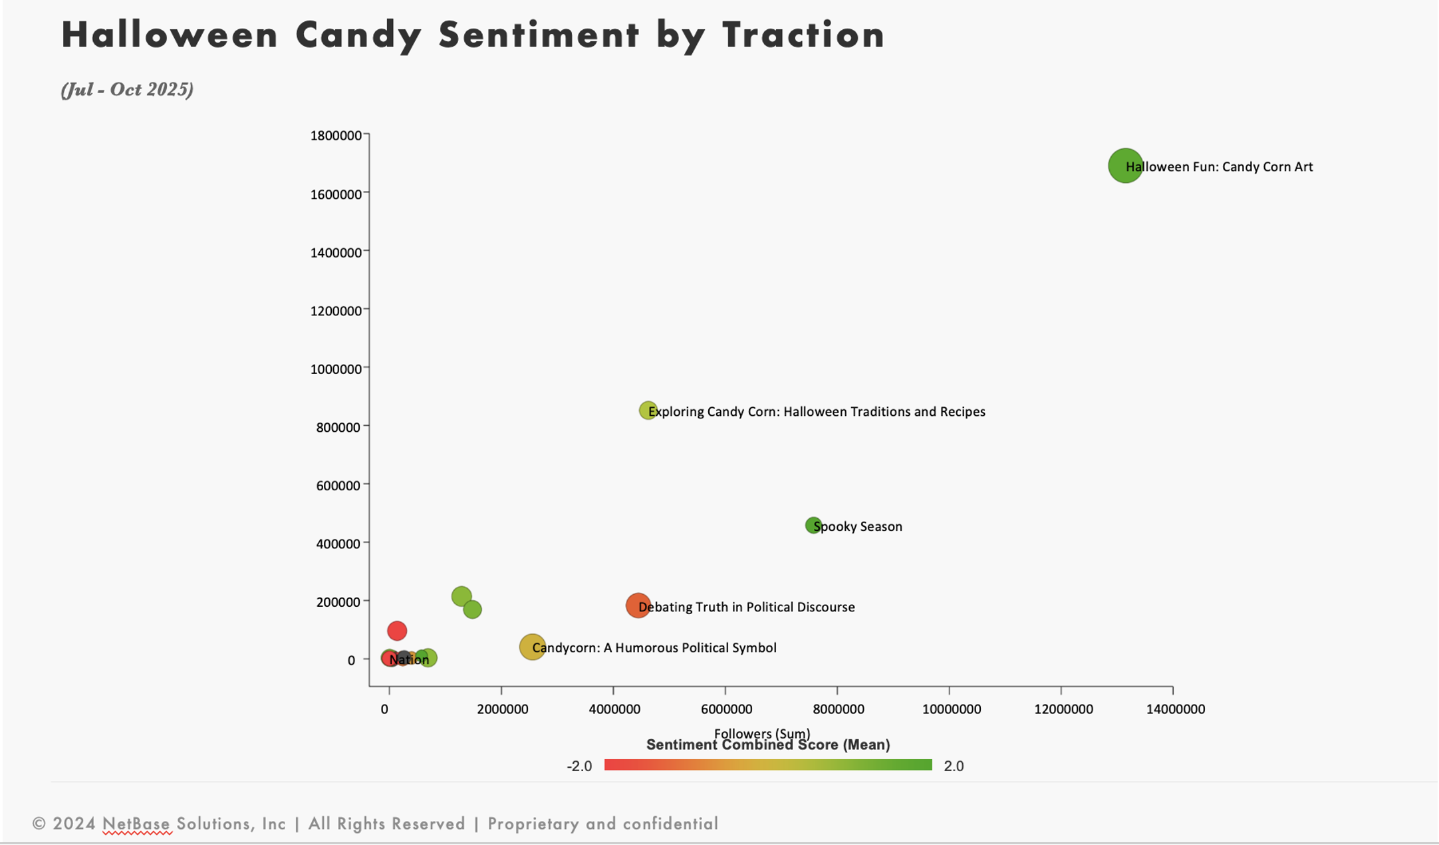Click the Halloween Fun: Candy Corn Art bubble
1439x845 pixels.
(x=1124, y=166)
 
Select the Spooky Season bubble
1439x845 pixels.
(x=813, y=526)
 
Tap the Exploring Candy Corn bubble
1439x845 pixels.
(x=647, y=411)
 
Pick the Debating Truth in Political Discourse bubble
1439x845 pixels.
(x=638, y=605)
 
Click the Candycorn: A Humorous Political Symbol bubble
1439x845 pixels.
(x=532, y=647)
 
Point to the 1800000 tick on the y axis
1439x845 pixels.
(x=336, y=136)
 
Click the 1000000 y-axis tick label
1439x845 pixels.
(x=336, y=369)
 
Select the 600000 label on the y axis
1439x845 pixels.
(x=338, y=486)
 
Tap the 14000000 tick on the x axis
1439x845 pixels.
(x=1175, y=709)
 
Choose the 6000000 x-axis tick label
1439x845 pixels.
(x=726, y=709)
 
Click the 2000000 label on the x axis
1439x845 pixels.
(x=502, y=709)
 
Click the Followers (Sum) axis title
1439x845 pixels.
(x=761, y=733)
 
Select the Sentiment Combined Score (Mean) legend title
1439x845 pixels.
(x=767, y=745)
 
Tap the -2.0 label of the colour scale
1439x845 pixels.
(x=579, y=766)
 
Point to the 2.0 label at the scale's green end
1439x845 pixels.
(x=954, y=766)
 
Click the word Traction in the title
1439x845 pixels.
(x=804, y=35)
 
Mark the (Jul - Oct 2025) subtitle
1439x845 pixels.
(x=127, y=90)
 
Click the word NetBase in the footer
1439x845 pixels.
(x=136, y=824)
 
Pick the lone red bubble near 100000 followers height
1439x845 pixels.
(x=397, y=631)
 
